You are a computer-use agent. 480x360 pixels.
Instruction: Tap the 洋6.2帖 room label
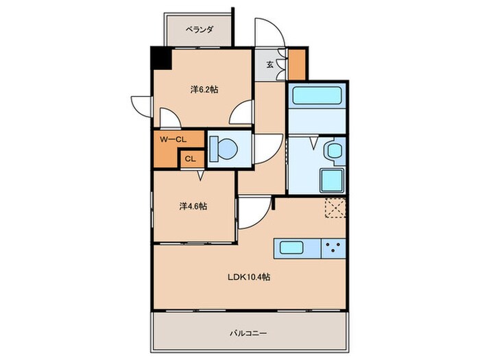204,89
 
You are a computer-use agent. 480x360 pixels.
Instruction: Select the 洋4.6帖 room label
193,206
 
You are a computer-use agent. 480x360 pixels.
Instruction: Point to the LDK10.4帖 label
249,278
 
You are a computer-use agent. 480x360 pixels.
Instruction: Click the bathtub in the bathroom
315,97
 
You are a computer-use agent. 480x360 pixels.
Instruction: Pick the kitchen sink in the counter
293,248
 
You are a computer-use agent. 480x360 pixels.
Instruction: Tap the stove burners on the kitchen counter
334,248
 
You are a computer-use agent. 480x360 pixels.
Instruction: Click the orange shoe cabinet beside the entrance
296,64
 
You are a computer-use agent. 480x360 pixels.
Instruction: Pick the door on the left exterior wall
142,106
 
